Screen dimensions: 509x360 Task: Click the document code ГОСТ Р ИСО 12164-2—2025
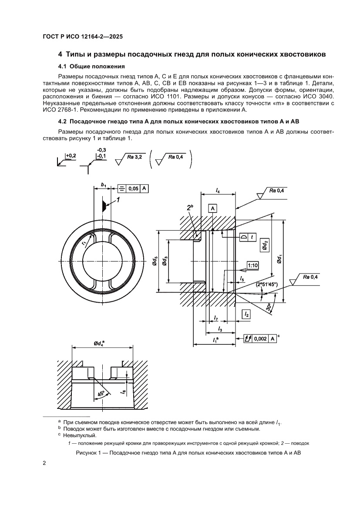(x=82, y=37)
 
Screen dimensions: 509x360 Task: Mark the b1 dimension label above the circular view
(x=103, y=185)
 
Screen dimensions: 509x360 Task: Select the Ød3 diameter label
(x=165, y=261)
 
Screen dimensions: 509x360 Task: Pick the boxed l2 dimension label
(x=246, y=313)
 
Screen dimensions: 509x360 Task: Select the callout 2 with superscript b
(x=190, y=209)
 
